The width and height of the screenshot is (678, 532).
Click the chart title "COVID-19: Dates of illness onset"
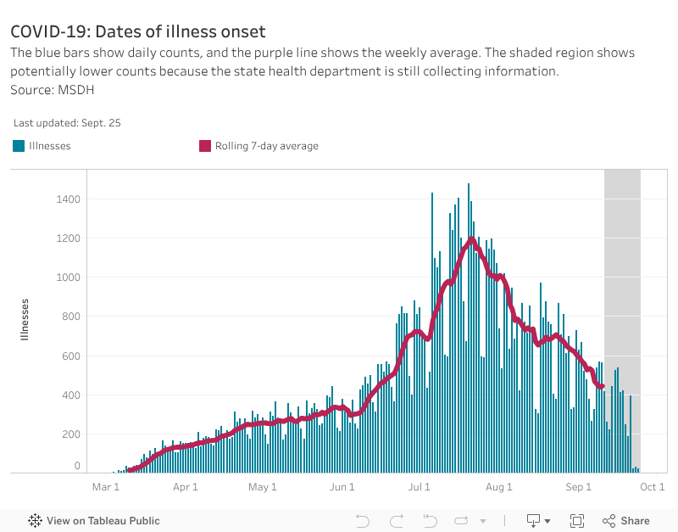(138, 32)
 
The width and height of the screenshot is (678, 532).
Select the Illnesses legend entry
(42, 146)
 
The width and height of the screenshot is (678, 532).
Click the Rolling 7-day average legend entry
(258, 146)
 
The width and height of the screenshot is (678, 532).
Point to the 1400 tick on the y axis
(69, 199)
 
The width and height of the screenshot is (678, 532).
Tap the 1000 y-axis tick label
(69, 277)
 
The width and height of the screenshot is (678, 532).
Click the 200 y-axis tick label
(71, 434)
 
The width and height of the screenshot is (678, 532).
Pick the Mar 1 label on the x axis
(106, 487)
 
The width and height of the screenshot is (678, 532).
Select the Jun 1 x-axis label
(342, 487)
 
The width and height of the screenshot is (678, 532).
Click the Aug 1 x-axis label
(499, 487)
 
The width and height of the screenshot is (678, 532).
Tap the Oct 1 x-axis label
(651, 487)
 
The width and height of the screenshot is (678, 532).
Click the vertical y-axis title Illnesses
(25, 319)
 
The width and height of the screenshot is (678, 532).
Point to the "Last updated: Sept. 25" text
(67, 123)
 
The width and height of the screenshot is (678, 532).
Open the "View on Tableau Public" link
(94, 521)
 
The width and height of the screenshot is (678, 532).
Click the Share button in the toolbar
(626, 521)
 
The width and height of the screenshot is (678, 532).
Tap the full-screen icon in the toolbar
(577, 521)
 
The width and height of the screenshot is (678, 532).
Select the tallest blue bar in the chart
(468, 328)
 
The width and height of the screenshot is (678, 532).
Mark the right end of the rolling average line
(602, 387)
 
